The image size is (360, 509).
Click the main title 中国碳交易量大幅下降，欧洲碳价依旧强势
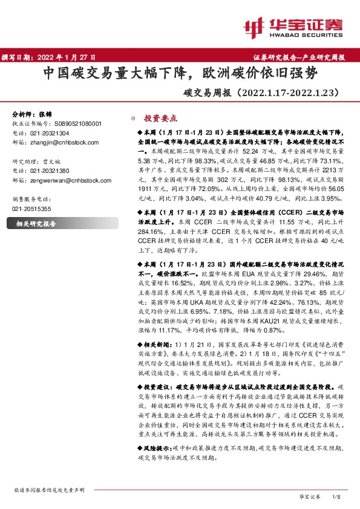click(x=179, y=74)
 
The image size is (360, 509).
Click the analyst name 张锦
click(x=46, y=114)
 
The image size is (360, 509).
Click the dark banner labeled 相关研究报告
click(x=36, y=223)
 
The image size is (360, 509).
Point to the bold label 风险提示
click(x=159, y=449)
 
